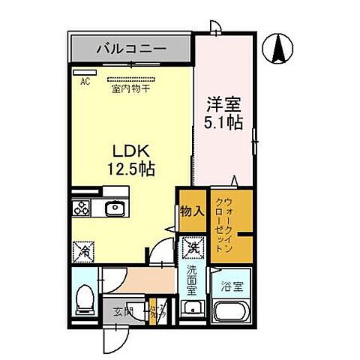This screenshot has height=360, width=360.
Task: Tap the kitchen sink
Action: pos(115,208)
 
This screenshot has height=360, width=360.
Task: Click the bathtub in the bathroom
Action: pos(230,311)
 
